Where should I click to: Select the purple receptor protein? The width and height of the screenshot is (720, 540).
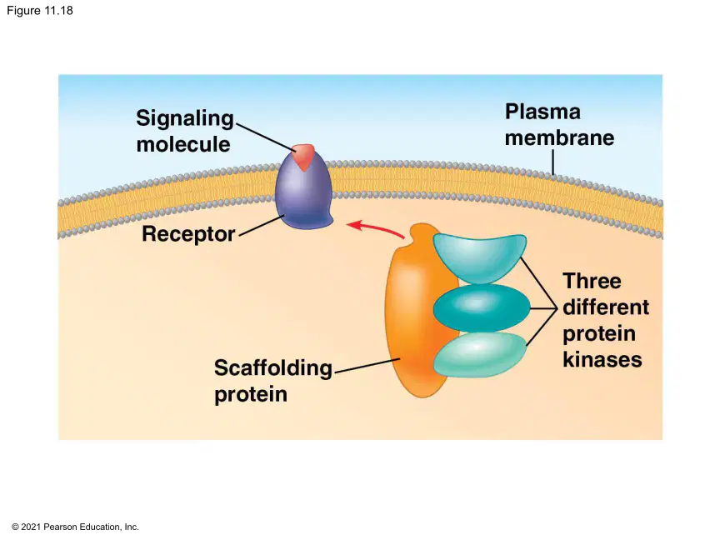tap(303, 192)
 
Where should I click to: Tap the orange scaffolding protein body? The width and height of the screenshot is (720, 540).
tap(413, 312)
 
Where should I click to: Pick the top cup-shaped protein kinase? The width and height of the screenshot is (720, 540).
tap(480, 257)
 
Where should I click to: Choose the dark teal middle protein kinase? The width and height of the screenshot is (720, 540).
tap(482, 307)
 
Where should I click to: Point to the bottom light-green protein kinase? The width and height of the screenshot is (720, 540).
tap(480, 354)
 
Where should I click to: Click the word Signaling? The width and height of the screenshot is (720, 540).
tap(185, 119)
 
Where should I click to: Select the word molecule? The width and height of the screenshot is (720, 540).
tap(183, 144)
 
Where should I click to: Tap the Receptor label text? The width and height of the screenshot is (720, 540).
tap(188, 233)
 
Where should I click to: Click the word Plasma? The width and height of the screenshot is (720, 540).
tap(542, 112)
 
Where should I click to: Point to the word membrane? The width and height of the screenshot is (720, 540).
tap(559, 137)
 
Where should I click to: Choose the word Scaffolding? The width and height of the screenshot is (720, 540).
tap(273, 368)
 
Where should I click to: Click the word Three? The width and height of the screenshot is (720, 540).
tap(592, 281)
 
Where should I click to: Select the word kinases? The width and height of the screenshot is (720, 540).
tap(602, 359)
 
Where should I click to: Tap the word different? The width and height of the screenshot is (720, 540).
tap(606, 307)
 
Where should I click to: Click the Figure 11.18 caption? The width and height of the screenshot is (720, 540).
tap(40, 11)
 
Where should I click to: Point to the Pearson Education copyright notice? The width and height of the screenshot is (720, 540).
tap(75, 527)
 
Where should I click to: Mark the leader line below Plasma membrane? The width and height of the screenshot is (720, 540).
tap(553, 162)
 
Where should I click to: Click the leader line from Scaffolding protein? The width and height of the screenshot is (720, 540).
tap(367, 366)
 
